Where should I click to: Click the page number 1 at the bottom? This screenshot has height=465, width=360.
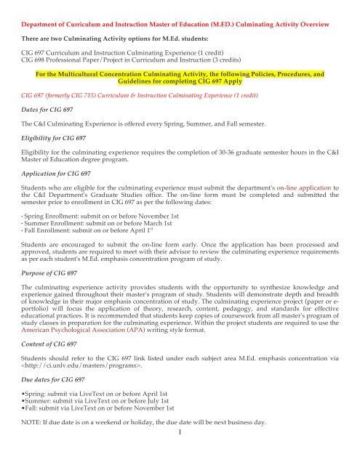180,455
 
